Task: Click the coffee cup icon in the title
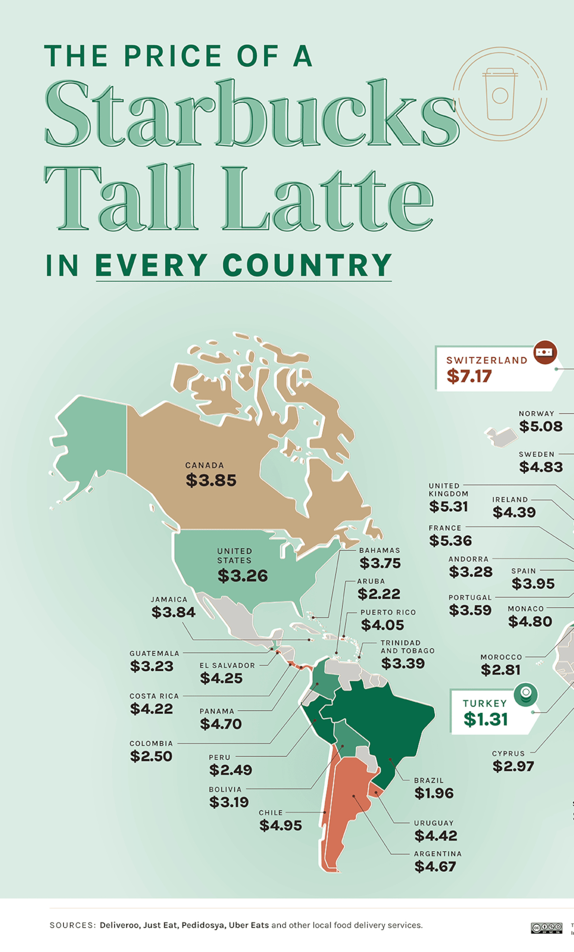[x=500, y=94]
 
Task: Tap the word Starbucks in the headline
[x=251, y=115]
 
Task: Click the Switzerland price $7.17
[x=469, y=376]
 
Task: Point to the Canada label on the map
[x=204, y=465]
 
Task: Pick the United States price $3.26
[x=243, y=576]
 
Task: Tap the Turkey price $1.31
[x=486, y=719]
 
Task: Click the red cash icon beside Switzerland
[x=545, y=352]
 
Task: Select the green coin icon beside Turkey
[x=526, y=694]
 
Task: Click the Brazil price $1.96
[x=434, y=793]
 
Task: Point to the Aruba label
[x=371, y=581]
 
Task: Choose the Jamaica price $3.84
[x=173, y=612]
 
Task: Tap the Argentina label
[x=438, y=854]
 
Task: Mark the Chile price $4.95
[x=281, y=825]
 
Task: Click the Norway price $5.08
[x=541, y=427]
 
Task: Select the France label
[x=445, y=528]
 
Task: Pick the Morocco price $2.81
[x=500, y=670]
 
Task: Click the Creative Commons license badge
[x=546, y=928]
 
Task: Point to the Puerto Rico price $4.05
[x=382, y=625]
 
